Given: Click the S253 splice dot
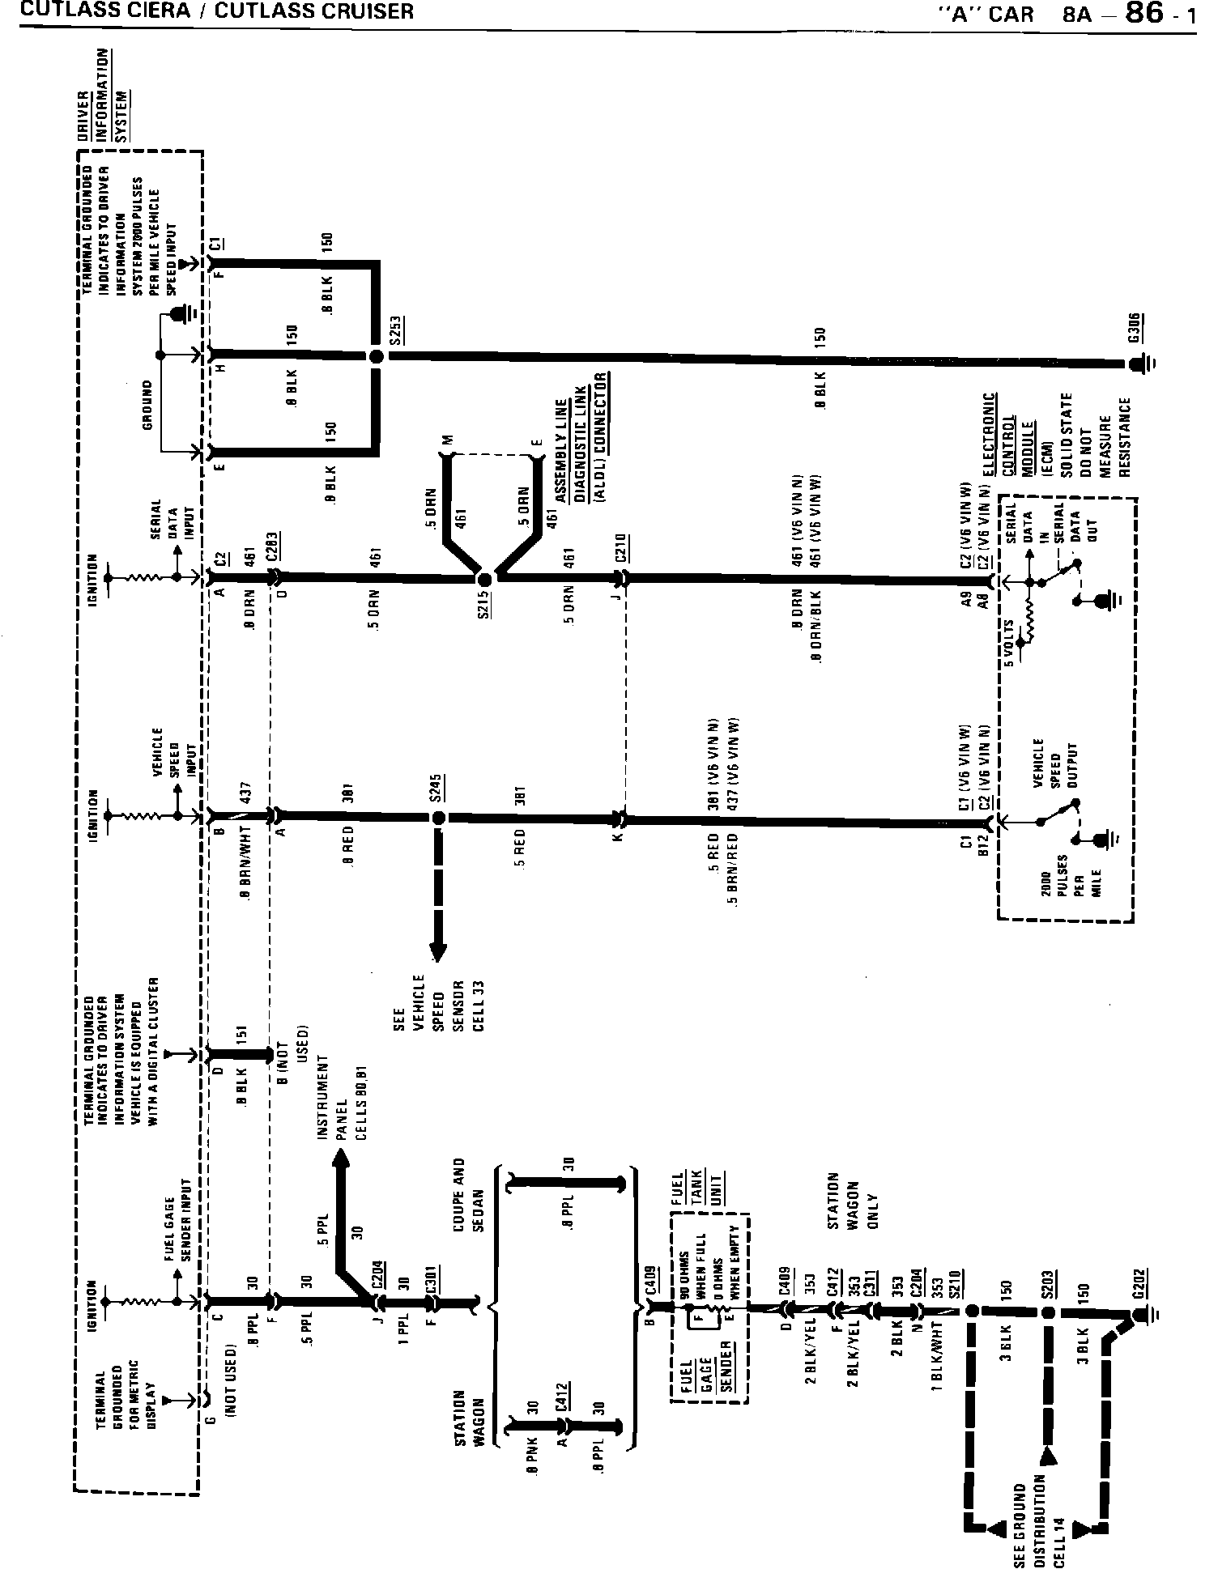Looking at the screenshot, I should click(375, 356).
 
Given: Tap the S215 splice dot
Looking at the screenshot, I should click(485, 580).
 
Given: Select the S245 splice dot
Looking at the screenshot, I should click(439, 819).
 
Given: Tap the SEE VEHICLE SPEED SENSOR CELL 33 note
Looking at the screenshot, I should click(437, 1003).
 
